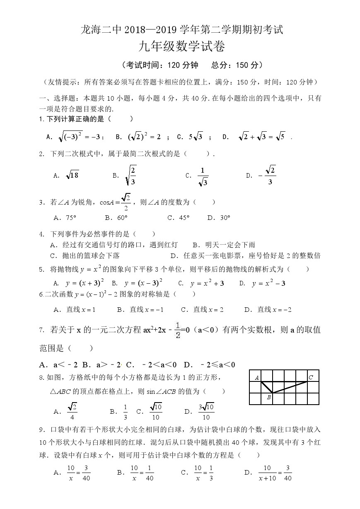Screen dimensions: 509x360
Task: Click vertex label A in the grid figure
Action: (x=257, y=377)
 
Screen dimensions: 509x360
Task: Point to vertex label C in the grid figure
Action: (x=310, y=377)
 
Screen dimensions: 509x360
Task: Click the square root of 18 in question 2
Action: (x=72, y=175)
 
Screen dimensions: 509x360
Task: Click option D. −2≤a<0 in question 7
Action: (x=210, y=364)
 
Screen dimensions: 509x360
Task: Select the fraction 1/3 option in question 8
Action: (x=126, y=412)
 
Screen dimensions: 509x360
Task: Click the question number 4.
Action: (x=41, y=234)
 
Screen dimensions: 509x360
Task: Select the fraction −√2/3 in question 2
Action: (x=267, y=175)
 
